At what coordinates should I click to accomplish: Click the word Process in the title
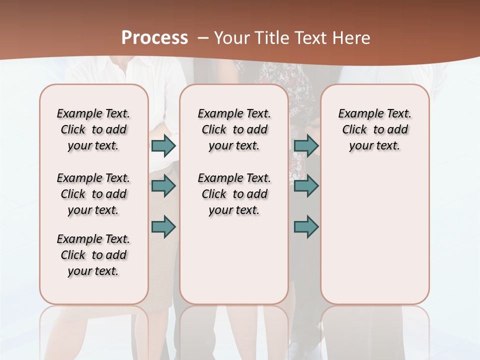(x=154, y=37)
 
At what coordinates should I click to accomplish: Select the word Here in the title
(x=352, y=38)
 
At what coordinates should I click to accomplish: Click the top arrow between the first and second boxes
(x=163, y=146)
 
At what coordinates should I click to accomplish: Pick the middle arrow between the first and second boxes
(x=163, y=186)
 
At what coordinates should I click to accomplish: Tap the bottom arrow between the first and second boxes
(x=163, y=226)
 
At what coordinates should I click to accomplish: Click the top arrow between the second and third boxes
(x=306, y=146)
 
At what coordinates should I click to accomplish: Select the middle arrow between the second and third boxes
(x=306, y=186)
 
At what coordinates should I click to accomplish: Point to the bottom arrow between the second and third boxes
(x=306, y=226)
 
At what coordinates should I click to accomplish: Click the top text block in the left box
(x=93, y=129)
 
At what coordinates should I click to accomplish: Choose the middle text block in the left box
(x=93, y=194)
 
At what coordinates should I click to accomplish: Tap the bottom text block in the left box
(x=93, y=255)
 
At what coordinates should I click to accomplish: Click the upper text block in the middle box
(x=234, y=129)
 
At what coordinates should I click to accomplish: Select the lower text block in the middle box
(x=234, y=194)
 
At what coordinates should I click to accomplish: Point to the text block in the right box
(x=374, y=129)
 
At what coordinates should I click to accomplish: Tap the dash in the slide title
(x=203, y=38)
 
